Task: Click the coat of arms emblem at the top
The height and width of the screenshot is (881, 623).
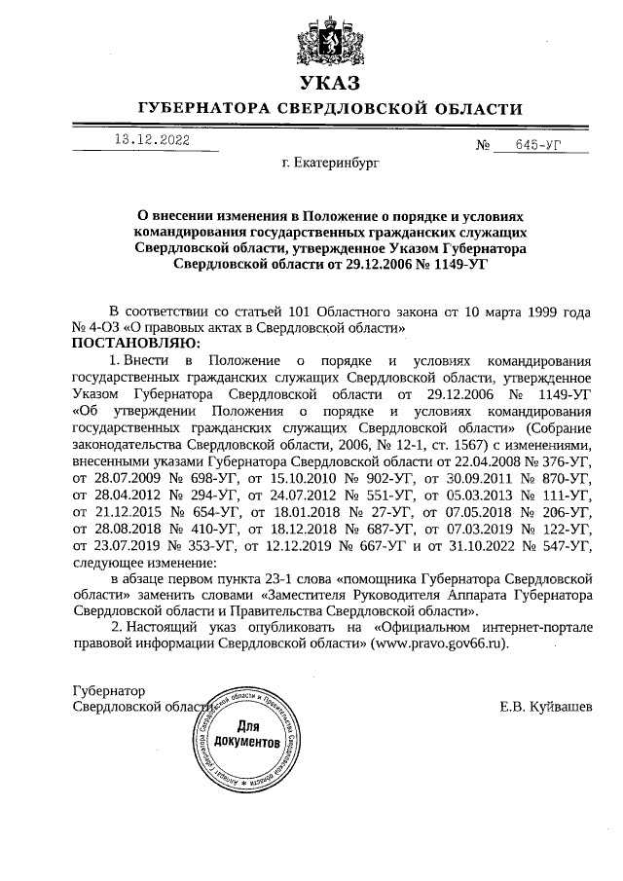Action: point(329,38)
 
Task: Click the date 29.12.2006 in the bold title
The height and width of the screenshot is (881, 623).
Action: point(370,264)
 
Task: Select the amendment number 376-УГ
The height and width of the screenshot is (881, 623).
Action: point(558,458)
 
